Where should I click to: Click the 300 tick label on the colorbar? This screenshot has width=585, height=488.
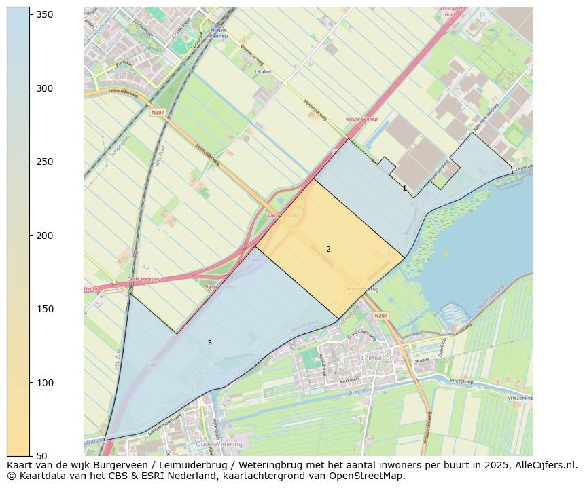(45, 88)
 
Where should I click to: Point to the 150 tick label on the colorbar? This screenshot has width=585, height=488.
(45, 309)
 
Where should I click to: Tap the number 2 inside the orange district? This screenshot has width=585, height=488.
(328, 250)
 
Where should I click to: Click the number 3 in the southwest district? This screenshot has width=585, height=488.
(209, 343)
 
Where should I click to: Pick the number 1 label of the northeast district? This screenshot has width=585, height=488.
(404, 189)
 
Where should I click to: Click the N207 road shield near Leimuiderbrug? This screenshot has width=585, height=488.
(380, 316)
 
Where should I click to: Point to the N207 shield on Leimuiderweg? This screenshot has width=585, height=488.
(158, 113)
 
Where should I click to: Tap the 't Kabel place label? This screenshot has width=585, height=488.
(262, 71)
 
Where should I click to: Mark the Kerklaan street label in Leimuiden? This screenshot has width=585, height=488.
(349, 381)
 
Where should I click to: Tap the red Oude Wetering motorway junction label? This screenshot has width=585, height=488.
(143, 279)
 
